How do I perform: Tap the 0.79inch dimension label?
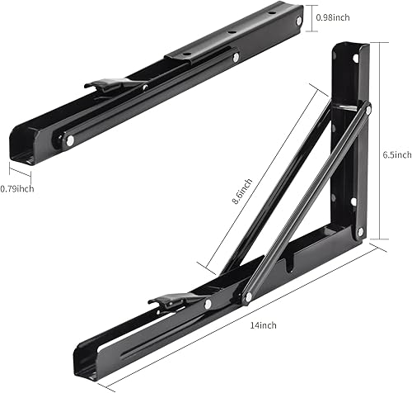pos(17,188)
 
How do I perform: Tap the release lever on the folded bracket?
pos(112,83)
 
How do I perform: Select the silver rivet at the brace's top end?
pos(367,108)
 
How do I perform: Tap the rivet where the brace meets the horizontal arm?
pos(246,297)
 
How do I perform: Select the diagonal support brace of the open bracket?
pos(305,202)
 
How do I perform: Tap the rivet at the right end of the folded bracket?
pos(236,58)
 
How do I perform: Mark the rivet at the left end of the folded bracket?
pos(68,141)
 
